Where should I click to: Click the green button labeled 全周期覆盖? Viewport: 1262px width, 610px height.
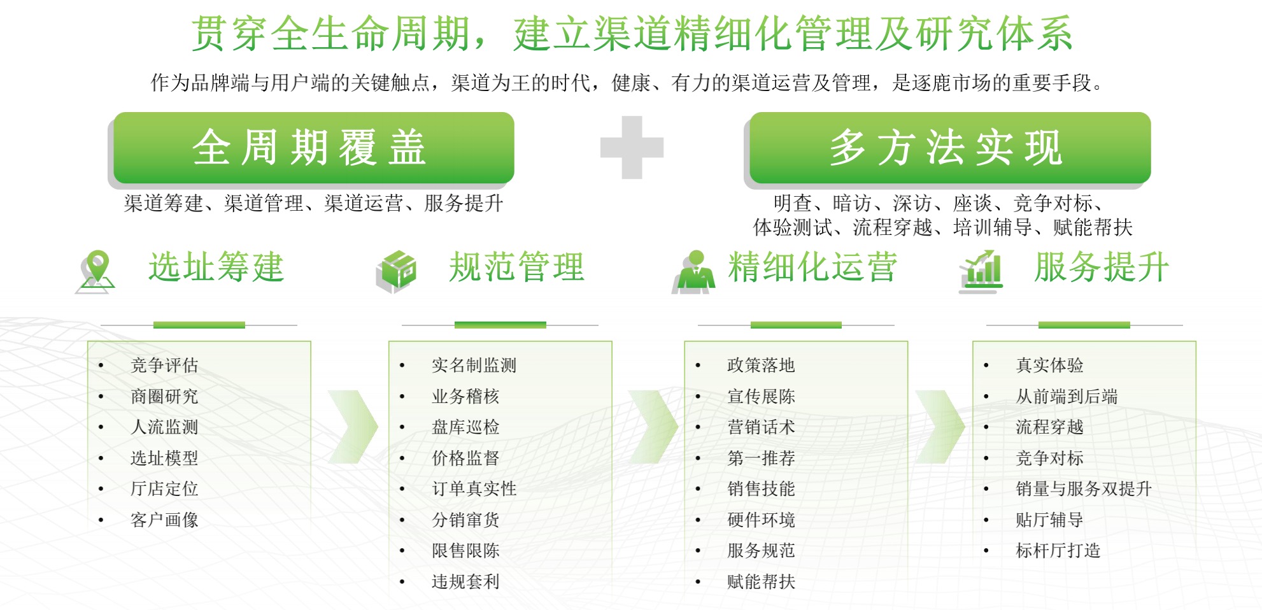point(313,148)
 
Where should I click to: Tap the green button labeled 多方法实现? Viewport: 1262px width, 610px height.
point(950,148)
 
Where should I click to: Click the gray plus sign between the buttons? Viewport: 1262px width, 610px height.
point(632,148)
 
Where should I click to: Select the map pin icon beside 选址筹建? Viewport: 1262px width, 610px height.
point(96,272)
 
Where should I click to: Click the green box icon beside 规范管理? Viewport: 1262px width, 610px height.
point(396,272)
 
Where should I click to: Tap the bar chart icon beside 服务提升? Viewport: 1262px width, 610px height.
point(981,272)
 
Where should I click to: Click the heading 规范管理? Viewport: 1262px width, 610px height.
point(516,267)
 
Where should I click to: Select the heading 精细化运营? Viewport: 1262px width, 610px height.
point(812,267)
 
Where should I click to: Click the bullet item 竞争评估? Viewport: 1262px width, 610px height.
point(164,365)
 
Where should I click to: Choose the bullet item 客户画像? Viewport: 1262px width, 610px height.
point(164,520)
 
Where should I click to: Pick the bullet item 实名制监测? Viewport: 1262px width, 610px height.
point(474,365)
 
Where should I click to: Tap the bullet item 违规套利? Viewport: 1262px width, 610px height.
point(465,582)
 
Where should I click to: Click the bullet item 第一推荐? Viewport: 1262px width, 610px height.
point(761,458)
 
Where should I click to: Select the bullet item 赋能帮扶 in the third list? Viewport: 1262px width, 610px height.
point(761,582)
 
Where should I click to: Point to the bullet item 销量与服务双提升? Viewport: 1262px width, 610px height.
point(1084,489)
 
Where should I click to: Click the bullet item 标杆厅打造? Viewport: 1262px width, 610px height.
point(1058,551)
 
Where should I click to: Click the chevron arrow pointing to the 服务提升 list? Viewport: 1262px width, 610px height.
point(940,427)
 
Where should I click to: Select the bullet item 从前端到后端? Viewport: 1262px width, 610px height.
point(1067,397)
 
